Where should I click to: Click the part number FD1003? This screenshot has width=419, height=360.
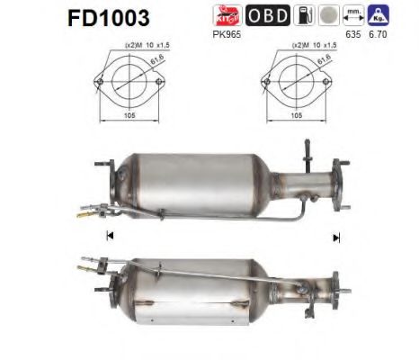(109, 18)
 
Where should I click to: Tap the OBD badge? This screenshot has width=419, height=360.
(268, 15)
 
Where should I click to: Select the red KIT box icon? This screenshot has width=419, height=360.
(227, 15)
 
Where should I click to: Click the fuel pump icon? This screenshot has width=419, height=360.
(304, 15)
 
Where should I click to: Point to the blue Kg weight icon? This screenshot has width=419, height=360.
(378, 15)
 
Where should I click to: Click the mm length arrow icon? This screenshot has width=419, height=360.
(353, 15)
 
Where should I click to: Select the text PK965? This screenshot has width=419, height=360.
(227, 34)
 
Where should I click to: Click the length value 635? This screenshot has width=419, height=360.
(353, 34)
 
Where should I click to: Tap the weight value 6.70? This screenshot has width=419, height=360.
(378, 34)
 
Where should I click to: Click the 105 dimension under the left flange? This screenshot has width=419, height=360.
(129, 115)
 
